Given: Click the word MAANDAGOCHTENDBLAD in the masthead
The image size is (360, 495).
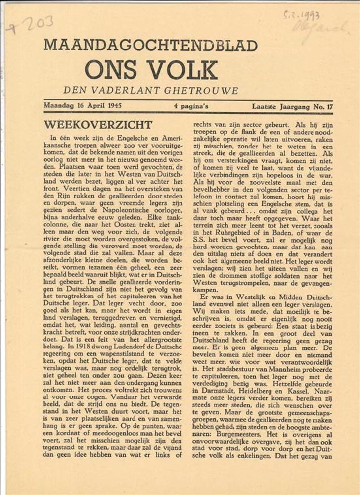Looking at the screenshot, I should coord(150,46).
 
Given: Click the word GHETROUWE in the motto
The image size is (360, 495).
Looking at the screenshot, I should coord(200,91).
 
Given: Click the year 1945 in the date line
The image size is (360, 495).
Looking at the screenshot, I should coord(114,105).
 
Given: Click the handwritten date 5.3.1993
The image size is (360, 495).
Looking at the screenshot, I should coord(302,15).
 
